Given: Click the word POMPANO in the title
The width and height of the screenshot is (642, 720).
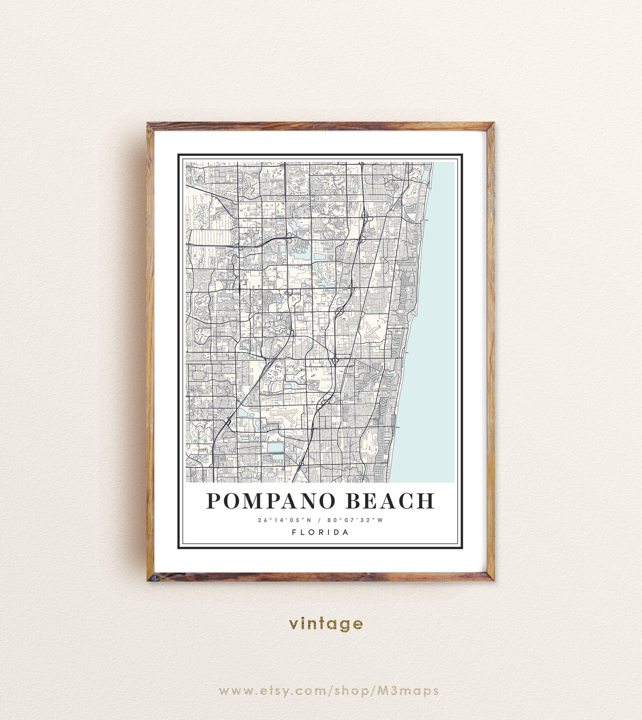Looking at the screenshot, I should (271, 501).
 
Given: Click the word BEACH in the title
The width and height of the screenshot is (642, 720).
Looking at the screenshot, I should (391, 501).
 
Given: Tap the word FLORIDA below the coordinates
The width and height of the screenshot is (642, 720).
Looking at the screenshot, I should (320, 532).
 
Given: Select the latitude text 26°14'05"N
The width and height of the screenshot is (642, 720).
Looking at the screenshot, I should (285, 520).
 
